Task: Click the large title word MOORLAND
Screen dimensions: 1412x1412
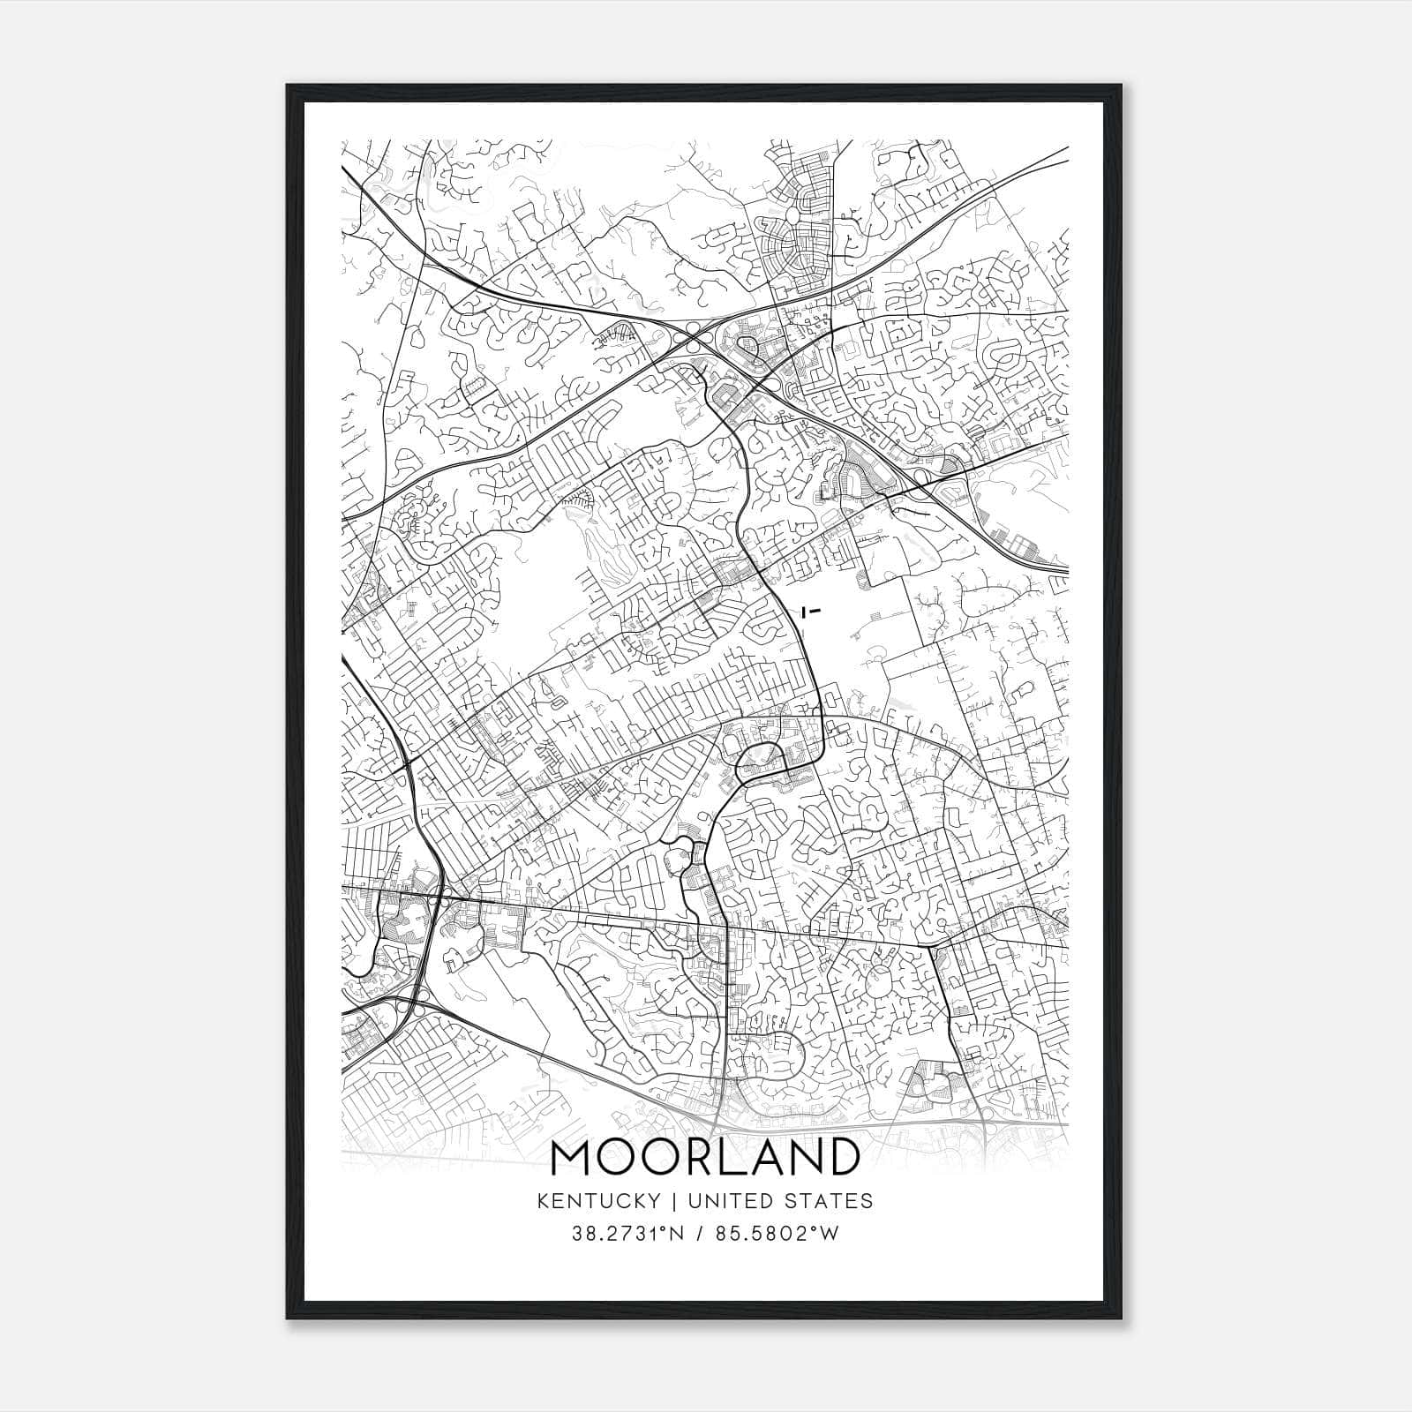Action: [704, 1157]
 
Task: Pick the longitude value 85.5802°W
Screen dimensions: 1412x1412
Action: [782, 1234]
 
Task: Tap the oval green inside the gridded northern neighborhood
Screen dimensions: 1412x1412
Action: [792, 215]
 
